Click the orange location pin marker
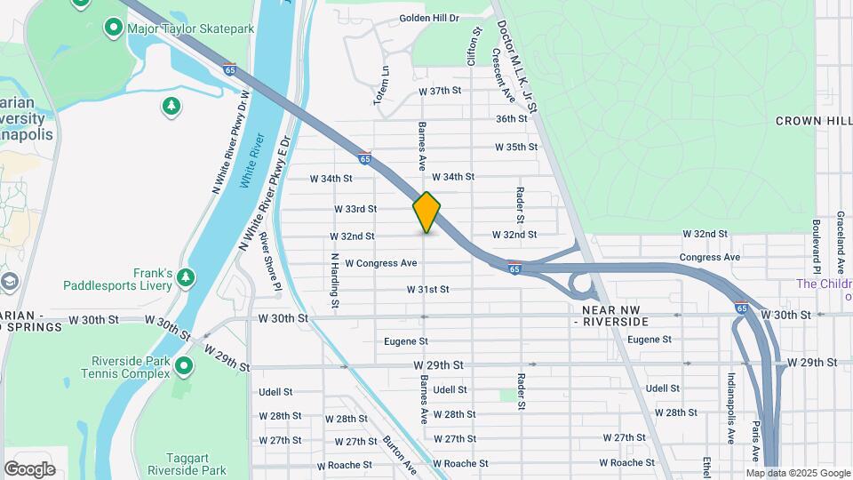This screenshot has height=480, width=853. pyautogui.click(x=426, y=212)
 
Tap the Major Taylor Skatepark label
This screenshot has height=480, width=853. pyautogui.click(x=190, y=28)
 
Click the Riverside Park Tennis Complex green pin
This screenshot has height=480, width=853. pyautogui.click(x=184, y=365)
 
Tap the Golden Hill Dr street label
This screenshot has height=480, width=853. pyautogui.click(x=428, y=18)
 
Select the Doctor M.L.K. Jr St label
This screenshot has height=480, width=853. pyautogui.click(x=517, y=67)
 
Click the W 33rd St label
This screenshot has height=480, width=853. pyautogui.click(x=355, y=209)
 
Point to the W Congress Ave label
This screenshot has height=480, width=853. pyautogui.click(x=380, y=263)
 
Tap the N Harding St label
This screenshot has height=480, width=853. pyautogui.click(x=335, y=281)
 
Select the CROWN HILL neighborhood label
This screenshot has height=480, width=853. pyautogui.click(x=813, y=120)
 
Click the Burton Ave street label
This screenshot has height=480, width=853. pyautogui.click(x=399, y=454)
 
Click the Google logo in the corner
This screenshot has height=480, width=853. pyautogui.click(x=29, y=468)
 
